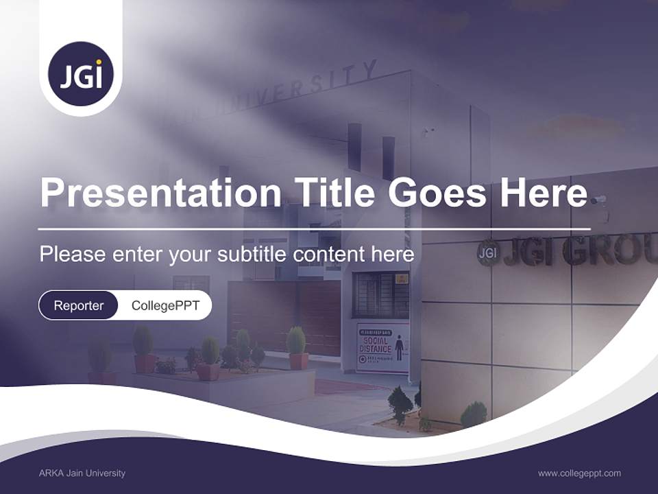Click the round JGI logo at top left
[x=81, y=74]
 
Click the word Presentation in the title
[x=160, y=193]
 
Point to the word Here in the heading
[x=544, y=193]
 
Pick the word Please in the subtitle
[x=73, y=255]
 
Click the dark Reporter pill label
[x=79, y=305]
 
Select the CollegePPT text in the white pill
[x=165, y=305]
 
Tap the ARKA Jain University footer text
[x=82, y=473]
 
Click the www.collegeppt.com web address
[x=579, y=473]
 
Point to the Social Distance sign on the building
[x=382, y=347]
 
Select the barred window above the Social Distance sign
[x=380, y=294]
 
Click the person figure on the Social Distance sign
[x=399, y=347]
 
